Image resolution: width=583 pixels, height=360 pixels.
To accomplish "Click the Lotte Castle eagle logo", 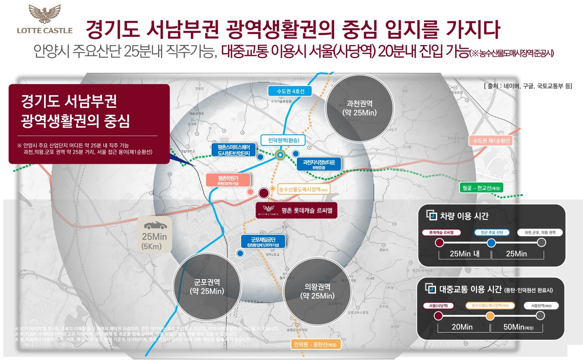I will click(45, 14).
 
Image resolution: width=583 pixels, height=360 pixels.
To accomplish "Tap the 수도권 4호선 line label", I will click(290, 91).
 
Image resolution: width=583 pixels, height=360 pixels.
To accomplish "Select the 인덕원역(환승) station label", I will click(284, 140).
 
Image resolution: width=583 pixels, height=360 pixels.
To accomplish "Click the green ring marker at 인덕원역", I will click(280, 155).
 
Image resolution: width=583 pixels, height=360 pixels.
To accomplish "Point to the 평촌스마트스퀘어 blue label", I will click(234, 150).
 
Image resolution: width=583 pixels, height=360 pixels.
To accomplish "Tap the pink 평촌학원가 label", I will click(228, 180).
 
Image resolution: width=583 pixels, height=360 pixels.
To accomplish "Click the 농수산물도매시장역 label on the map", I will click(303, 189).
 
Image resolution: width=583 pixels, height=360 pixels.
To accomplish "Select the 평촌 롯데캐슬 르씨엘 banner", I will click(296, 211).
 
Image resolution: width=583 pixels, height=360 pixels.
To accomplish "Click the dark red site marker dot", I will click(264, 193).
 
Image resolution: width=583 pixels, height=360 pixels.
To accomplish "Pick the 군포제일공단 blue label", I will click(263, 241).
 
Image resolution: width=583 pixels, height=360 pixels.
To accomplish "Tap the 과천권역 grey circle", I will click(359, 108).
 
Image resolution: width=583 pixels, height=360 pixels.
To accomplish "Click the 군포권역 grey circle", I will click(207, 286).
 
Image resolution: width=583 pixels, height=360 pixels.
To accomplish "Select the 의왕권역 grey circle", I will click(317, 291).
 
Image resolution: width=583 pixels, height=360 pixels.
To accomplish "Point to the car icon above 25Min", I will click(155, 226).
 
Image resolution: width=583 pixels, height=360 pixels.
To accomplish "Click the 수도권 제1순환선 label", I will click(491, 141).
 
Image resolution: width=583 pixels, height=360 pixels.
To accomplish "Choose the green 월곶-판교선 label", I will click(481, 188).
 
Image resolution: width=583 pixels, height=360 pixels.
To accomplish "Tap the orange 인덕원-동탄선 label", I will click(315, 344).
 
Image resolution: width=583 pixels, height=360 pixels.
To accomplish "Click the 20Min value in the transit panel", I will click(462, 327).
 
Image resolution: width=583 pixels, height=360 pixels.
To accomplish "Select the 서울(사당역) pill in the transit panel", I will click(438, 306).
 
